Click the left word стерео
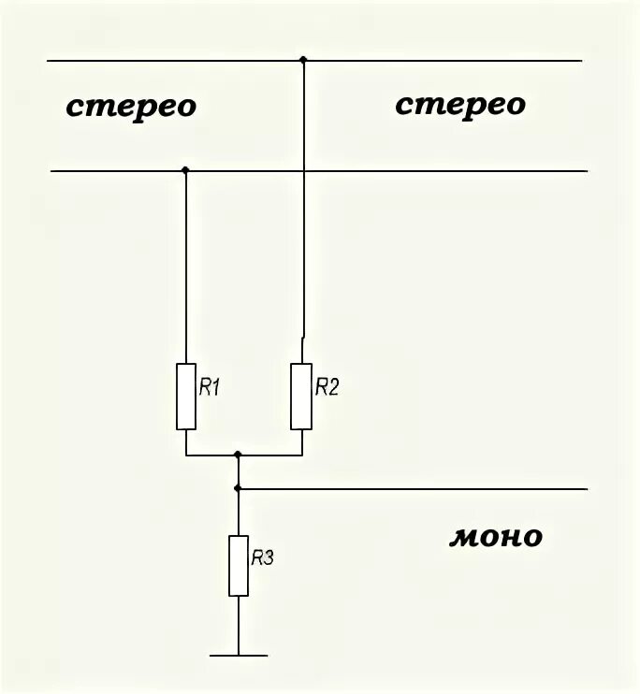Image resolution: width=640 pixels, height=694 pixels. point(131,107)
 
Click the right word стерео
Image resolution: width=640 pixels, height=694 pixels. point(459,105)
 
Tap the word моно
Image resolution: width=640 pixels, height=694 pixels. point(496,538)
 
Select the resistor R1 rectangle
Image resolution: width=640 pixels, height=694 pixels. point(186,397)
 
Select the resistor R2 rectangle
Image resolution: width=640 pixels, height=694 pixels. point(300,397)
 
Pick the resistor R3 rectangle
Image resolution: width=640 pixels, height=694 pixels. point(239,566)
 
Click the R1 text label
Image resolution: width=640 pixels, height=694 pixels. point(209,387)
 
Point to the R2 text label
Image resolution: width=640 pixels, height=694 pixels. point(326,387)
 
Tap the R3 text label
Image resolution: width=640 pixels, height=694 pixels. point(262,558)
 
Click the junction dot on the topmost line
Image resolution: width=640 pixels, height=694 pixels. point(302,61)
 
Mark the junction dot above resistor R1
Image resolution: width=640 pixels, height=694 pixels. point(185,170)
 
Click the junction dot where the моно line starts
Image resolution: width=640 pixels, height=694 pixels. point(239,488)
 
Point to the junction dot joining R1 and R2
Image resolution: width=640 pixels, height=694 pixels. point(239,455)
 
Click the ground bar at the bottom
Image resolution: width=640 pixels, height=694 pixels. point(239,656)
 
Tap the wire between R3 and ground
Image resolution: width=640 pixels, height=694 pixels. point(239,625)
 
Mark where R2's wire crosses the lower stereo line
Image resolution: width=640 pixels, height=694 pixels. point(302,171)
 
